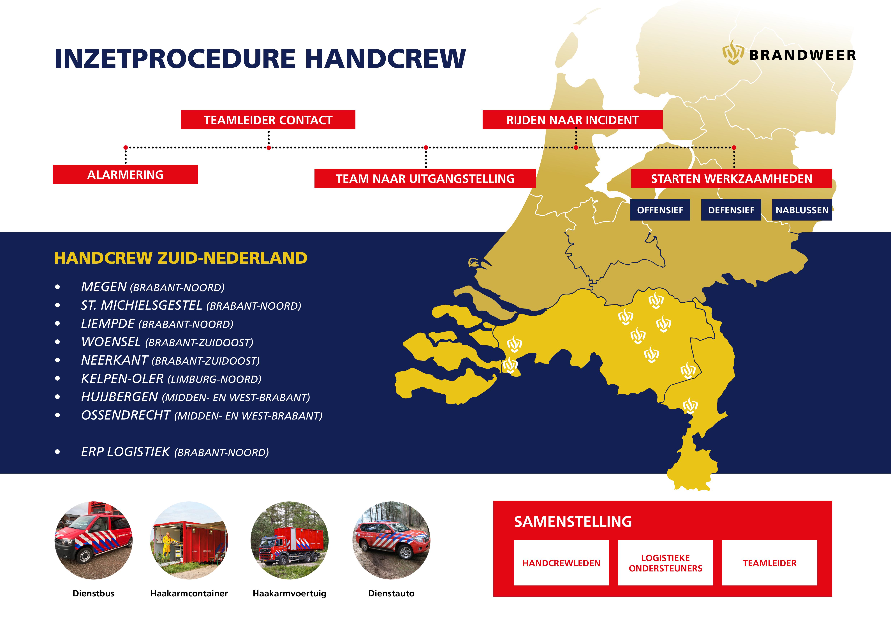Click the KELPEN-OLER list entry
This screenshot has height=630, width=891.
171,379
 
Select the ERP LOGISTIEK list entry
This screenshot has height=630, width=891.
175,452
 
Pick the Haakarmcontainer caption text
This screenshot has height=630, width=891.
189,593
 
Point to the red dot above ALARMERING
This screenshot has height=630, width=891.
125,147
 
